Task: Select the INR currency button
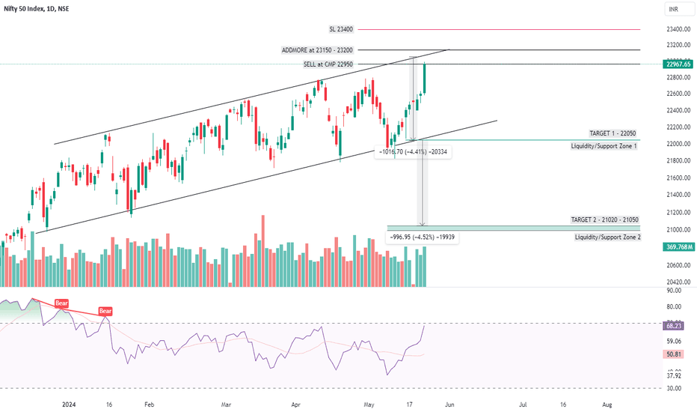coord(674,10)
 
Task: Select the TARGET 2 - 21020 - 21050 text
coord(605,220)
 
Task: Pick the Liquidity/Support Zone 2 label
coord(607,237)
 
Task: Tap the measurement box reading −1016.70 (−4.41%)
coord(415,151)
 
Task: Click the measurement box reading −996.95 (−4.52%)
coord(422,237)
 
